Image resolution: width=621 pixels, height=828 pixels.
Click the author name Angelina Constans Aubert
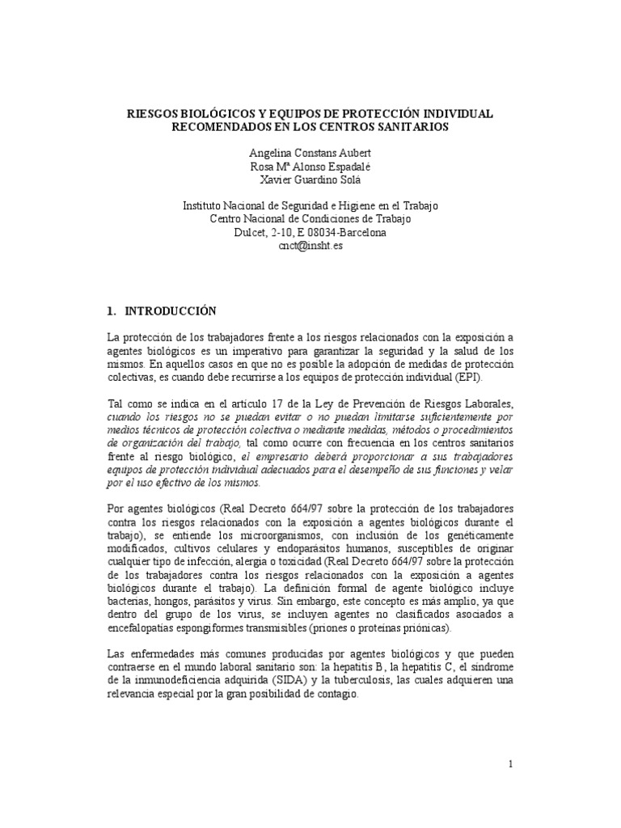point(310,153)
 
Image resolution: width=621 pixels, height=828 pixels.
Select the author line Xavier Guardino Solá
point(310,179)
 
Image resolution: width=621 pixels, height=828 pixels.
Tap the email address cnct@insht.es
point(310,245)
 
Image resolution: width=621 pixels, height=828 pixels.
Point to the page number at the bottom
point(512,765)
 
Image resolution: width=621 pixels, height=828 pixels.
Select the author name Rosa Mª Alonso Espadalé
point(310,166)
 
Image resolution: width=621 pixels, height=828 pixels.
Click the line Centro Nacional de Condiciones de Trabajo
point(310,219)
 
